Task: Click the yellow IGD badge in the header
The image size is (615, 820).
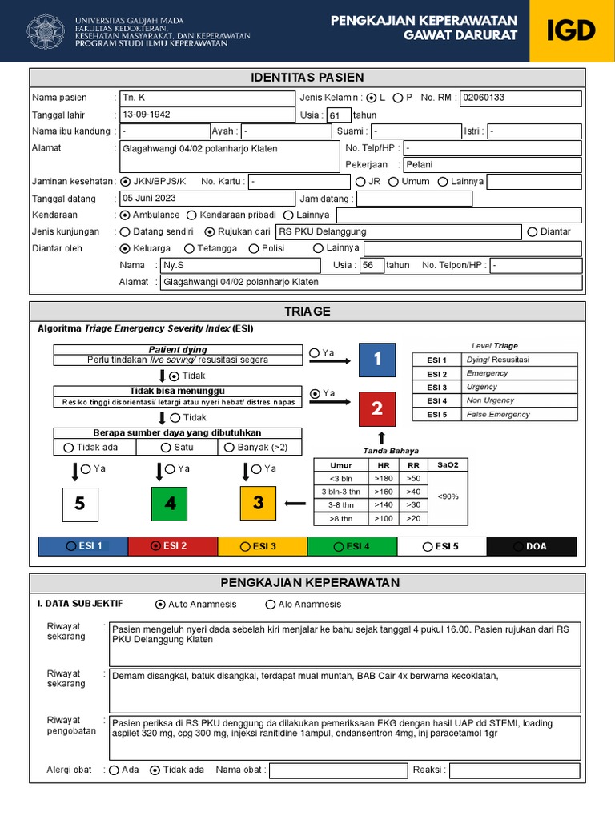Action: [x=572, y=31]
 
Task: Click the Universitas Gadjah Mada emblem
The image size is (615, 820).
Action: [x=46, y=31]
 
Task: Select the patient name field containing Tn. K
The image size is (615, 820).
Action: [x=206, y=98]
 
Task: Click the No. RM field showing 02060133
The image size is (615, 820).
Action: [x=521, y=98]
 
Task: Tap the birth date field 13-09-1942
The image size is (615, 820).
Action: [x=206, y=114]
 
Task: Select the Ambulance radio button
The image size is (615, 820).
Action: [x=125, y=215]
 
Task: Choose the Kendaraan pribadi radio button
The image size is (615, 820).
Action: [x=191, y=215]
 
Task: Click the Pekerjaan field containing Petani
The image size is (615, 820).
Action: [x=492, y=165]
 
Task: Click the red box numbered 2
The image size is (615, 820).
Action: [x=377, y=409]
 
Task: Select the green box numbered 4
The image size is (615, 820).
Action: [x=169, y=504]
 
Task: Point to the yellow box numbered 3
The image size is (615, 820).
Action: [x=258, y=503]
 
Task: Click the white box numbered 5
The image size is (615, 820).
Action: [x=80, y=504]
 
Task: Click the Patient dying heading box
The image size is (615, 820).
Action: [x=178, y=350]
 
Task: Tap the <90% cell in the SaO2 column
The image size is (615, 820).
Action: [x=448, y=496]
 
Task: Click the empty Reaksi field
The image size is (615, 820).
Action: [x=514, y=770]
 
